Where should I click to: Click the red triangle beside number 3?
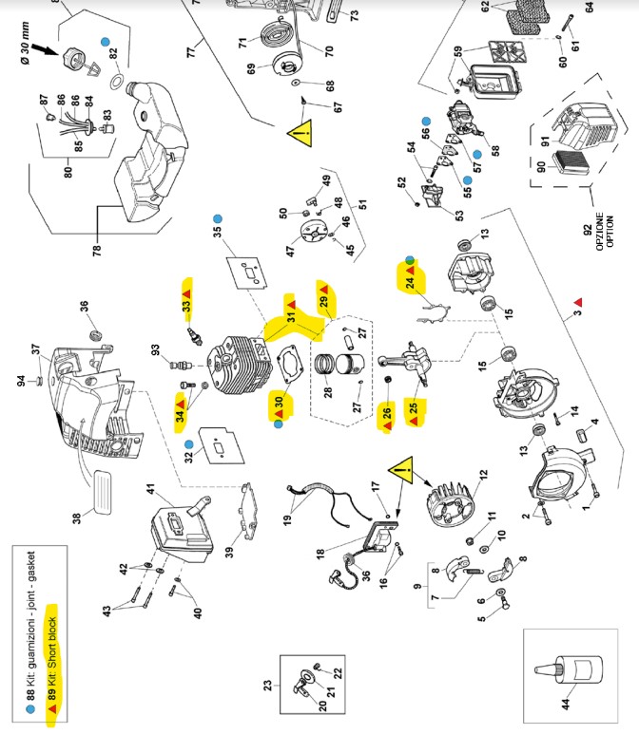[x=576, y=302]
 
